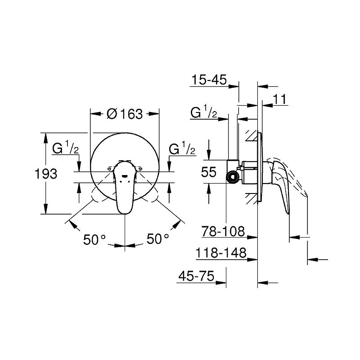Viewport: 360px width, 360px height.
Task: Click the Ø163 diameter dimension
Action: click(125, 114)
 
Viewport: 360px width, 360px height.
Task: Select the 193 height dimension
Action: click(46, 173)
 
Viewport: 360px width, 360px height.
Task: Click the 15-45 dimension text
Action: click(208, 81)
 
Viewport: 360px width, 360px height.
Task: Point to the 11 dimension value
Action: click(280, 99)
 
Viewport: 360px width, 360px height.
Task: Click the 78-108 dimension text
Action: click(224, 232)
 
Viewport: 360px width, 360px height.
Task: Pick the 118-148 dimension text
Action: click(221, 253)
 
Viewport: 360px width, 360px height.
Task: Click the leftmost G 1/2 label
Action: click(66, 148)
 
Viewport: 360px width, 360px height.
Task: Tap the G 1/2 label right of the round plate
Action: click(182, 148)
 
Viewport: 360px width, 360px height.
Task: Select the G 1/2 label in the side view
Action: click(204, 112)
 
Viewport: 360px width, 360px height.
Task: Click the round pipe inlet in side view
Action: click(233, 177)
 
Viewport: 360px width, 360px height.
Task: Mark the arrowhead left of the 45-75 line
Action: click(221, 283)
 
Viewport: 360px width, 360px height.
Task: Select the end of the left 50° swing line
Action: click(67, 221)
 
